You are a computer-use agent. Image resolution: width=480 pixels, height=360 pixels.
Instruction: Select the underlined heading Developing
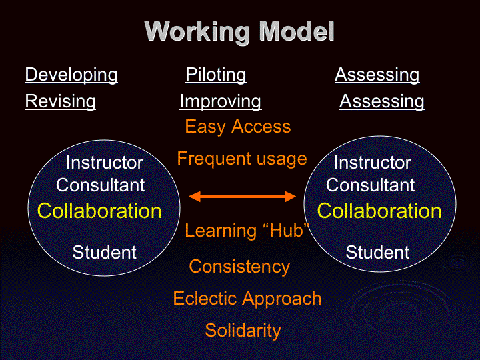[x=71, y=75]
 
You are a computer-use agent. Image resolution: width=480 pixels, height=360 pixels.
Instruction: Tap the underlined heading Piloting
[x=216, y=75]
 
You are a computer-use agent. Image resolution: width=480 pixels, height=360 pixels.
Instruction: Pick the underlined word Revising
[x=60, y=101]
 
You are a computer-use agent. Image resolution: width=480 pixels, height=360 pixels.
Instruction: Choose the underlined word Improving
[x=221, y=102]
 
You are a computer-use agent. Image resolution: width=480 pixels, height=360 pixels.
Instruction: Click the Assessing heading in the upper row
[x=377, y=75]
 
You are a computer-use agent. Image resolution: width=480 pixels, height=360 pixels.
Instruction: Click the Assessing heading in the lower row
[x=382, y=102]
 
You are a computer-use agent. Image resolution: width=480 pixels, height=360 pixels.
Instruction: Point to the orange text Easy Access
[x=238, y=127]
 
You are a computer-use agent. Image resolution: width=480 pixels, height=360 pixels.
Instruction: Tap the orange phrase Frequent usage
[x=242, y=159]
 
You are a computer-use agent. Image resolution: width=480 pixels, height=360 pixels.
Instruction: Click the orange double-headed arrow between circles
[x=242, y=197]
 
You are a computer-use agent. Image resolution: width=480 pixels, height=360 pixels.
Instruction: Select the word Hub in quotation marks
[x=287, y=230]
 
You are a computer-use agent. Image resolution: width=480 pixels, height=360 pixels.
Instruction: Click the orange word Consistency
[x=239, y=267]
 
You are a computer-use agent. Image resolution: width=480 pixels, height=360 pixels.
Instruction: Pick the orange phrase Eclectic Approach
[x=247, y=299]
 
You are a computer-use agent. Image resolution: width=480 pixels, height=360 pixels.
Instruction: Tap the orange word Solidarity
[x=243, y=331]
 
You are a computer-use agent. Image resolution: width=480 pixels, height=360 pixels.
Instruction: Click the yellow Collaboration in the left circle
[x=99, y=211]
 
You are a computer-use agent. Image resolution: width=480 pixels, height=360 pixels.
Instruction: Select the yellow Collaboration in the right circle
[x=379, y=211]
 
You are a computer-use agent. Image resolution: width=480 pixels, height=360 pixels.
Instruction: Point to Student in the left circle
[x=104, y=253]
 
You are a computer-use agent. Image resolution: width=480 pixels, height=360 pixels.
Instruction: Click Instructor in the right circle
[x=372, y=163]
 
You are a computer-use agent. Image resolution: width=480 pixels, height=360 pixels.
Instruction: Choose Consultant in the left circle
[x=101, y=185]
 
